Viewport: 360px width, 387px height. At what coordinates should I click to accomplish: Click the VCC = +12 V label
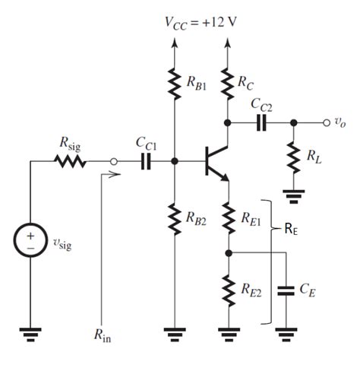(201, 21)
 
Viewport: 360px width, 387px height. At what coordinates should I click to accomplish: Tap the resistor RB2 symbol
(175, 217)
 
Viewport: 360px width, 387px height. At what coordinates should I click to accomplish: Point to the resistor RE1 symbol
(227, 218)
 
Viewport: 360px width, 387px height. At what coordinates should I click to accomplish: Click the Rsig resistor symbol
(69, 161)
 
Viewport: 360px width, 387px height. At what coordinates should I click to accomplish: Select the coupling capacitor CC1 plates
(144, 161)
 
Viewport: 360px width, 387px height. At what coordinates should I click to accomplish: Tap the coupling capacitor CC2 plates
(261, 122)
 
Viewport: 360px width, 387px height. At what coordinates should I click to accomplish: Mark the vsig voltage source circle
(31, 243)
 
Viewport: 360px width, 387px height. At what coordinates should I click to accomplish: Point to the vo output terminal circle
(327, 122)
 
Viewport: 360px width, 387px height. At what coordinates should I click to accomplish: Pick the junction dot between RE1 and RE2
(227, 252)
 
